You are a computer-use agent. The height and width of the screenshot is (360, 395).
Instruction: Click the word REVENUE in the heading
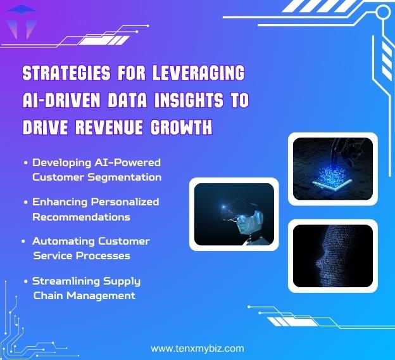coord(112,128)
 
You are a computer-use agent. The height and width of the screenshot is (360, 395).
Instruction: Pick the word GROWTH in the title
coord(180,128)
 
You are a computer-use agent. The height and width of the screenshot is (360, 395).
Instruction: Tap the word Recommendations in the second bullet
coord(81,217)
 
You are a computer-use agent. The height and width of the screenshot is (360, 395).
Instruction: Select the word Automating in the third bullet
coord(62,241)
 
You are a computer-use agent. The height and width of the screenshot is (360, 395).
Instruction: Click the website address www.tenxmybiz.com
coord(197,349)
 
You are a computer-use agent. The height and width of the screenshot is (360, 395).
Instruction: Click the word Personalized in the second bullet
coord(122,202)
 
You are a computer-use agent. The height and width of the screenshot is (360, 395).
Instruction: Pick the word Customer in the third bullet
coord(124,241)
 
